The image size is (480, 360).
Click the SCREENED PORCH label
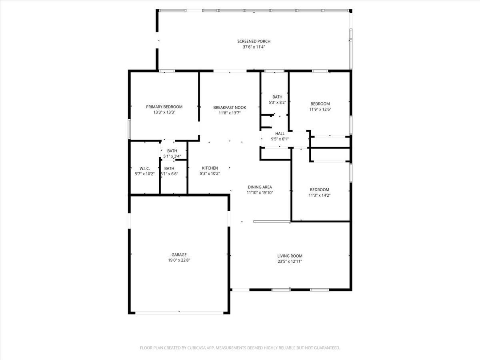click(254, 41)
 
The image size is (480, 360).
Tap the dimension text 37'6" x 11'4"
click(254, 47)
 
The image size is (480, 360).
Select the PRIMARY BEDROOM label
click(164, 107)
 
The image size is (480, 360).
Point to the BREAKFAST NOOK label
click(230, 107)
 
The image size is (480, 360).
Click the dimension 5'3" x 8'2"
click(277, 102)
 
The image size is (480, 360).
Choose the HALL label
click(280, 134)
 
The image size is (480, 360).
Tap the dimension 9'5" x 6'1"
click(280, 139)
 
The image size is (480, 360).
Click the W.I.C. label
click(144, 168)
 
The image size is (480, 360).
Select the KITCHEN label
click(210, 168)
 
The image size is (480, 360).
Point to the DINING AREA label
click(260, 187)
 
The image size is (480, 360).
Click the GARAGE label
click(179, 255)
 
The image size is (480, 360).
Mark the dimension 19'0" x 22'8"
click(179, 260)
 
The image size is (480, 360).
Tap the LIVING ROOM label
click(290, 256)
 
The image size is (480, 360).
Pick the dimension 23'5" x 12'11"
click(290, 262)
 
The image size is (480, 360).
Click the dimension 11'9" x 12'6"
click(320, 110)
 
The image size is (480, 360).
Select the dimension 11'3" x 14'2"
click(319, 196)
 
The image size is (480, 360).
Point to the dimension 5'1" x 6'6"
click(170, 174)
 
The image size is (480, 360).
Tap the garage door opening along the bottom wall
click(179, 312)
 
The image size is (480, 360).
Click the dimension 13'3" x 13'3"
click(164, 112)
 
